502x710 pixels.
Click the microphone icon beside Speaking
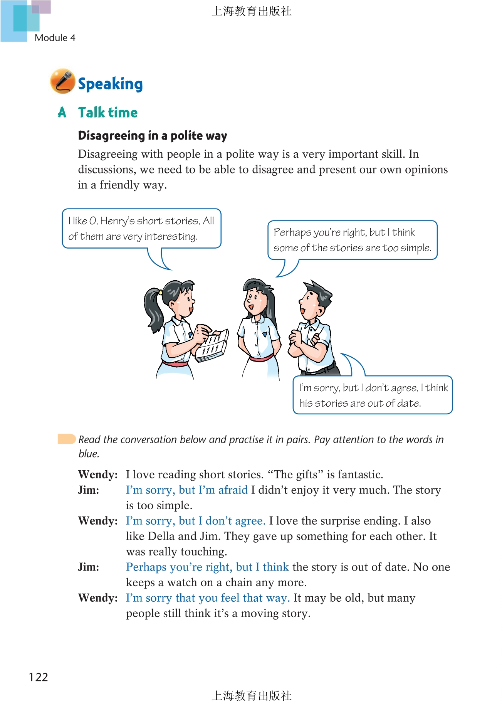(x=62, y=81)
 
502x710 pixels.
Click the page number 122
(x=38, y=677)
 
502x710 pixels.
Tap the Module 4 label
(x=55, y=38)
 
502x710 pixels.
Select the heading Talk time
(x=107, y=113)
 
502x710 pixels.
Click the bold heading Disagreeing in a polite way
(x=152, y=136)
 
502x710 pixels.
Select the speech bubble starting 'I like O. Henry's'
(x=141, y=228)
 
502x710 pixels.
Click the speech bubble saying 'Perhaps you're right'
(x=352, y=240)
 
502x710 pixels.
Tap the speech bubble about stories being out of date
(x=373, y=395)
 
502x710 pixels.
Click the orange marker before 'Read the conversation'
(x=66, y=439)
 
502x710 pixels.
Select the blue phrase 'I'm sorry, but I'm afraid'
(x=187, y=490)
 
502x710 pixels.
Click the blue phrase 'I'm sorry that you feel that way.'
(x=208, y=598)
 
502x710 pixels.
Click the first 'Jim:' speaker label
(x=88, y=490)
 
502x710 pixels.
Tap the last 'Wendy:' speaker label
(x=98, y=598)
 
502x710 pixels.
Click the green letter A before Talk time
(x=62, y=113)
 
